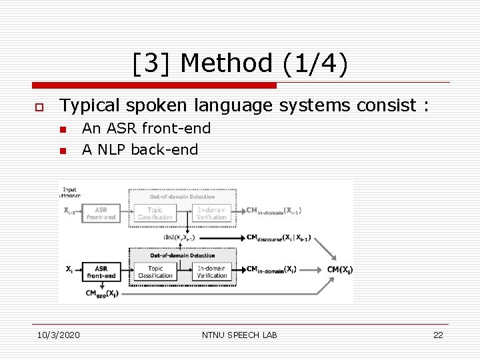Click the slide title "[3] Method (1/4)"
pyautogui.click(x=239, y=64)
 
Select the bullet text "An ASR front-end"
pyautogui.click(x=146, y=129)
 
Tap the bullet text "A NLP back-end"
pyautogui.click(x=140, y=149)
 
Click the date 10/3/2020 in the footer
pyautogui.click(x=57, y=335)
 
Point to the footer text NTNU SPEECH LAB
pyautogui.click(x=239, y=335)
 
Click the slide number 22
pyautogui.click(x=438, y=335)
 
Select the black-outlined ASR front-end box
pyautogui.click(x=101, y=272)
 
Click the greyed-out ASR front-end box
pyautogui.click(x=101, y=213)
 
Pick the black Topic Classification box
pyautogui.click(x=155, y=272)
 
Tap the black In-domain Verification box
pyautogui.click(x=212, y=272)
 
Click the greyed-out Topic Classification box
pyautogui.click(x=155, y=213)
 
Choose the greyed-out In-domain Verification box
pyautogui.click(x=212, y=213)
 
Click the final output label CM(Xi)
pyautogui.click(x=340, y=269)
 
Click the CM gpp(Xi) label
pyautogui.click(x=101, y=293)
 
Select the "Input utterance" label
pyautogui.click(x=69, y=193)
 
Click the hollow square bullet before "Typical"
pyautogui.click(x=39, y=107)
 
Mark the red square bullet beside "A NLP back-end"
pyautogui.click(x=63, y=151)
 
